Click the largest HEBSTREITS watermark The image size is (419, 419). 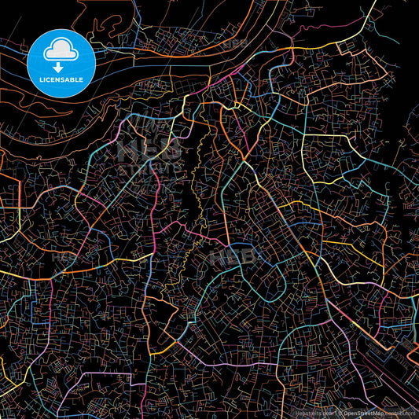pos(149,153)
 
